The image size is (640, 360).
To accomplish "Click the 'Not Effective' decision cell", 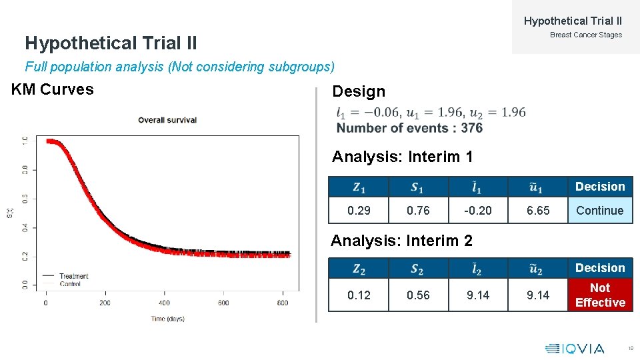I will click(x=600, y=295).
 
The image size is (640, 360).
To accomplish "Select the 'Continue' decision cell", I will click(x=600, y=211).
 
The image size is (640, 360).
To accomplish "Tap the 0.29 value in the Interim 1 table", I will click(x=359, y=211).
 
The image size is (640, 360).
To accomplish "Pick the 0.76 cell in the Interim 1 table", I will click(x=418, y=211).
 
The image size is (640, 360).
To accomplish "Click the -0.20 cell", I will click(x=478, y=211).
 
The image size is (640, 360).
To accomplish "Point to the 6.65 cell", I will click(x=538, y=211).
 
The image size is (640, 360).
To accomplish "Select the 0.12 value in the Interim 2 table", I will click(x=359, y=295).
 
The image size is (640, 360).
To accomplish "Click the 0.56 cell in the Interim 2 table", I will click(x=418, y=295).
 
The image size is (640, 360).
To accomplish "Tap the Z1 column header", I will click(x=359, y=187).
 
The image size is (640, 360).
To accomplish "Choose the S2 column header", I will click(x=418, y=269).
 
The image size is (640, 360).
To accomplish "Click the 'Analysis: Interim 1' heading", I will click(x=403, y=157).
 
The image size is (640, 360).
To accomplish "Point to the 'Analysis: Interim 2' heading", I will click(x=401, y=241).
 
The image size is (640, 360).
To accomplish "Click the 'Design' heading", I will click(x=359, y=92).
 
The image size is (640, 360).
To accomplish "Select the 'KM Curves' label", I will click(x=53, y=90).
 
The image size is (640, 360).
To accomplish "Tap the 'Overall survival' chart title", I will click(x=167, y=120).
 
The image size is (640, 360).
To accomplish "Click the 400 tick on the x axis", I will click(x=164, y=303).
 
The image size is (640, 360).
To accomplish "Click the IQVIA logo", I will click(x=575, y=348).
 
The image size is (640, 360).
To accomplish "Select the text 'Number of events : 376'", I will click(x=409, y=128).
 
